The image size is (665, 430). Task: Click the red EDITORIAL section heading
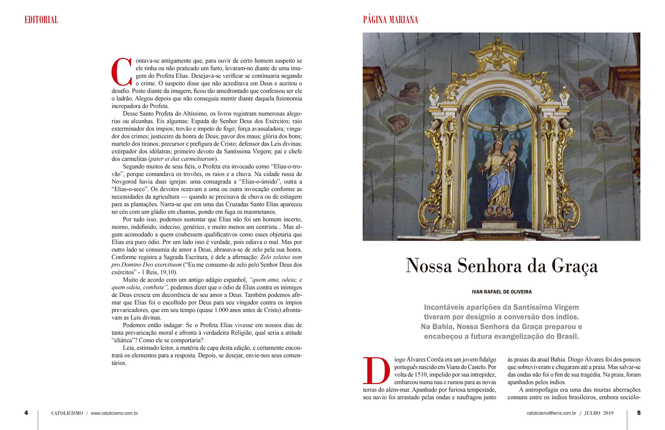(41, 20)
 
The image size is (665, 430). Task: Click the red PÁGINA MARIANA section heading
(390, 20)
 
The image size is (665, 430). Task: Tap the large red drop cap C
(122, 72)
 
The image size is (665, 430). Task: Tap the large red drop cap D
(376, 370)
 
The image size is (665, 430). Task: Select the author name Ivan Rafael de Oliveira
(502, 292)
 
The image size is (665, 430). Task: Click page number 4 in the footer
(26, 413)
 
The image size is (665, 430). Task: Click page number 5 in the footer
(639, 413)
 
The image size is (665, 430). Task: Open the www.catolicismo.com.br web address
(114, 413)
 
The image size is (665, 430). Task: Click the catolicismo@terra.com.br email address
(551, 413)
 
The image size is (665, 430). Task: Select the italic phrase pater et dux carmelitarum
(182, 159)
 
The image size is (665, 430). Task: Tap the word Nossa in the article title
(429, 266)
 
